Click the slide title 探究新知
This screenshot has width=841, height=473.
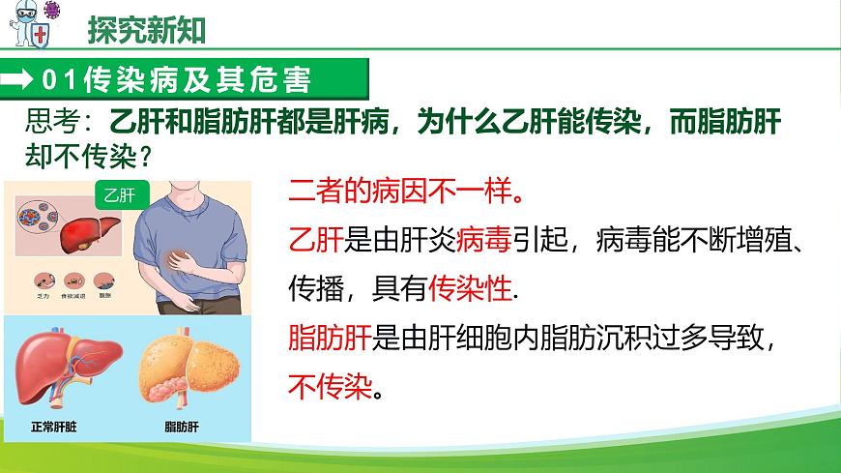pos(147,30)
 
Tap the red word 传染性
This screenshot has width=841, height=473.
pos(471,288)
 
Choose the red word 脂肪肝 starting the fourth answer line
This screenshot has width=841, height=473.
pos(330,339)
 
